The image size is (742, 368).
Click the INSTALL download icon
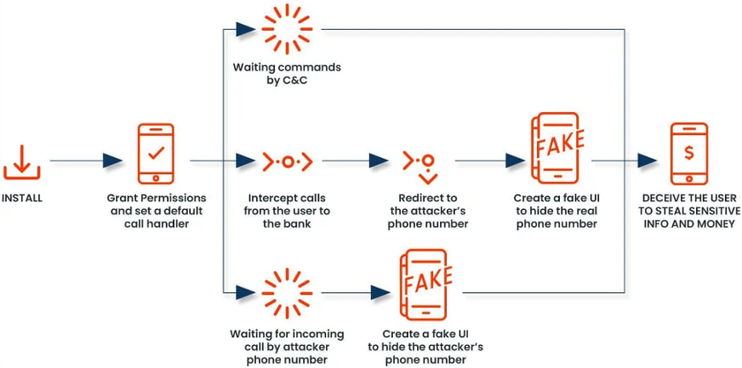(x=22, y=160)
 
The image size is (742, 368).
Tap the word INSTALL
(x=22, y=198)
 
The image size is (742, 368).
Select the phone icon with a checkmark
(x=155, y=154)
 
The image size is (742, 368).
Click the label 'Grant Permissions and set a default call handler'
(x=156, y=211)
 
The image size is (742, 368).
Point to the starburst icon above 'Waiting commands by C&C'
(x=287, y=29)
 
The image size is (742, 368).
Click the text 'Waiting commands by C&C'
(x=287, y=74)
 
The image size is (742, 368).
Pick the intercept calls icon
(x=287, y=161)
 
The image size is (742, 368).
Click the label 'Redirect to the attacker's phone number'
(x=428, y=211)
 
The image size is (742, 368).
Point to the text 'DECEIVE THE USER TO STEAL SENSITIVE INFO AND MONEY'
(x=688, y=211)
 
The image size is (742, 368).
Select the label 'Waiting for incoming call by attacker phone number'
(x=287, y=347)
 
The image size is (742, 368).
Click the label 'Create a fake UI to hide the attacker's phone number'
(x=426, y=347)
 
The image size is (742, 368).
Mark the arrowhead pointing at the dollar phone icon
(x=647, y=161)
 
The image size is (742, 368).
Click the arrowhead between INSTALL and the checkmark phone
(x=112, y=161)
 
